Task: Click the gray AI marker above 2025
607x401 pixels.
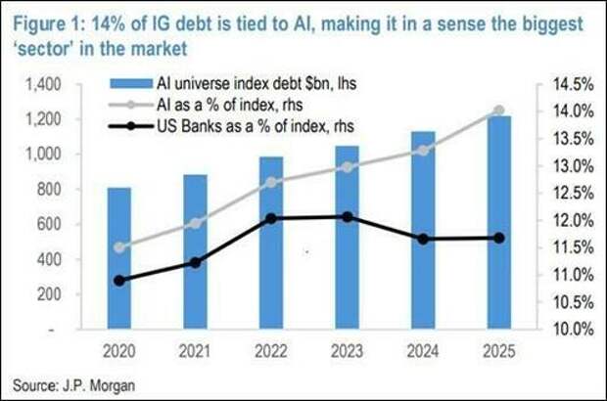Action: (498, 111)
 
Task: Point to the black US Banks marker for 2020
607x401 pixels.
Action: (119, 281)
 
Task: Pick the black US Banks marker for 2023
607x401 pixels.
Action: (348, 216)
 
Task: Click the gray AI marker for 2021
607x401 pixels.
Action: (196, 223)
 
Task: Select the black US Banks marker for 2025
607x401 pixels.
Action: (498, 238)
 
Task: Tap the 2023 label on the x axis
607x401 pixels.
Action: (348, 348)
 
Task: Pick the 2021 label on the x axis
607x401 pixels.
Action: (196, 348)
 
